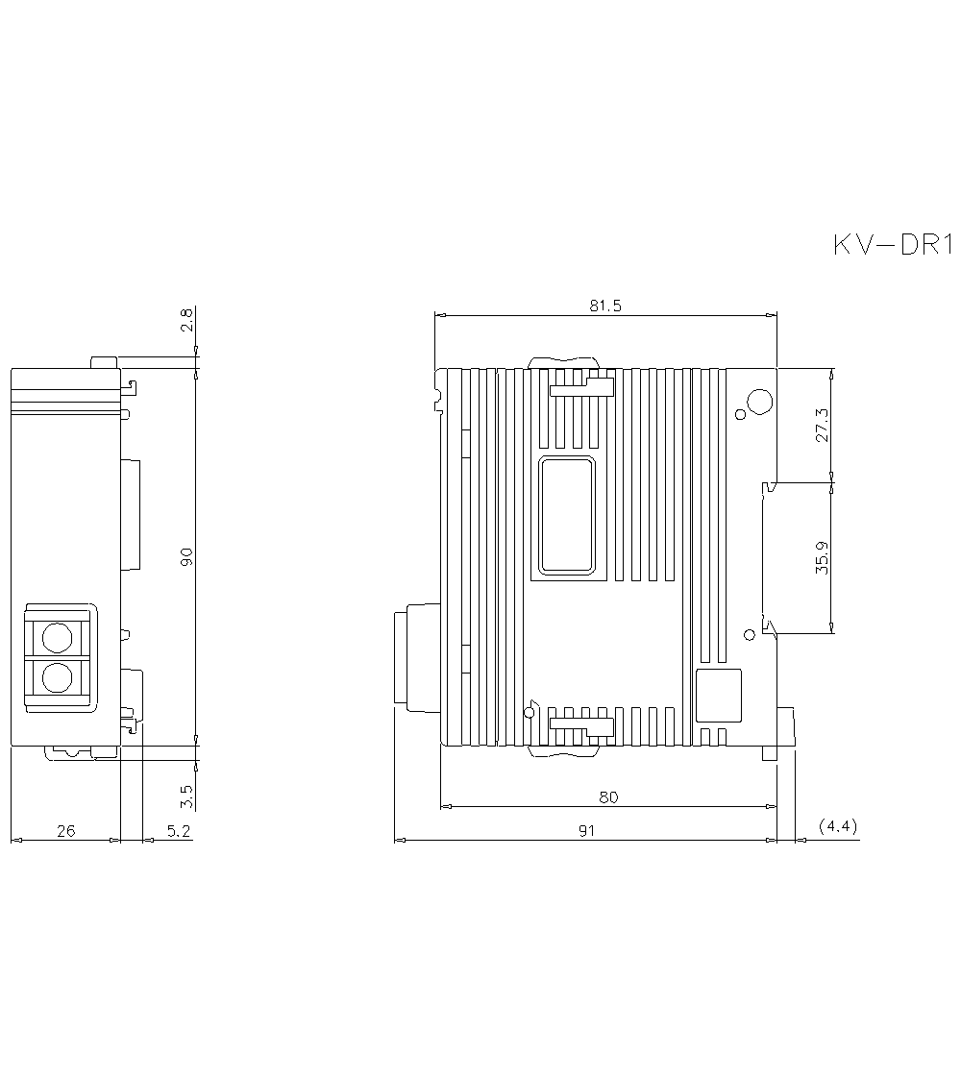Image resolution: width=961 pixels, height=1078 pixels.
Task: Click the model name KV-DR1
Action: coord(891,246)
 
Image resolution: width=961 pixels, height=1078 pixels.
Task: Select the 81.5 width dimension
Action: coord(605,306)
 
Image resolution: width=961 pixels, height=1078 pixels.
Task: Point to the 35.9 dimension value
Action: coord(823,557)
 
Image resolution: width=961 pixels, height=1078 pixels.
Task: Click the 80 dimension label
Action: coord(608,796)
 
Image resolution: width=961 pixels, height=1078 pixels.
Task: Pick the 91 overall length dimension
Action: coord(587,830)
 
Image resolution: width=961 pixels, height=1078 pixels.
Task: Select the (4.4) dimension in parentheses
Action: coord(838,826)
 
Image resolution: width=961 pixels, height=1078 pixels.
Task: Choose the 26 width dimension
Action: coord(65,831)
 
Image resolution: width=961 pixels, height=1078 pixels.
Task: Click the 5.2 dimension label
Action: coord(178,831)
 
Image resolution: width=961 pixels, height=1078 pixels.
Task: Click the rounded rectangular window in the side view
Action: coord(567,516)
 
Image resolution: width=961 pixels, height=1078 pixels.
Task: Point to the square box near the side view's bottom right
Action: coord(718,696)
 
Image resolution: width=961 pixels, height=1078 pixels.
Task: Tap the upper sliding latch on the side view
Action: coord(581,386)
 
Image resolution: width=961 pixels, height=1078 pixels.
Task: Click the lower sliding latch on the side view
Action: coord(581,728)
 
